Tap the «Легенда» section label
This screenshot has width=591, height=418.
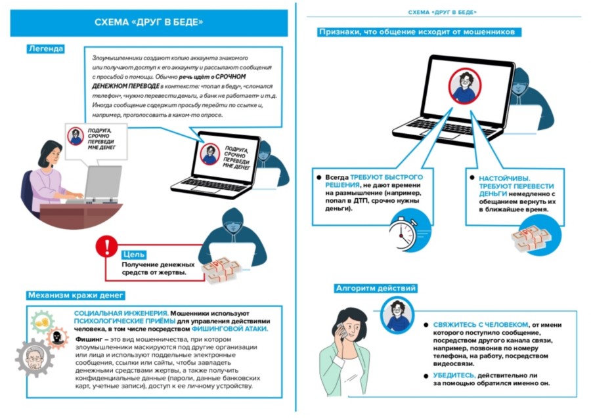click(x=47, y=49)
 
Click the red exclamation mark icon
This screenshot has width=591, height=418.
click(x=104, y=247)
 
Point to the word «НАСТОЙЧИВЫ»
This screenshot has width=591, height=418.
click(x=505, y=178)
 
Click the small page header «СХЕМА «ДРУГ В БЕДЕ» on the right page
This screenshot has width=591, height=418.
click(x=442, y=12)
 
